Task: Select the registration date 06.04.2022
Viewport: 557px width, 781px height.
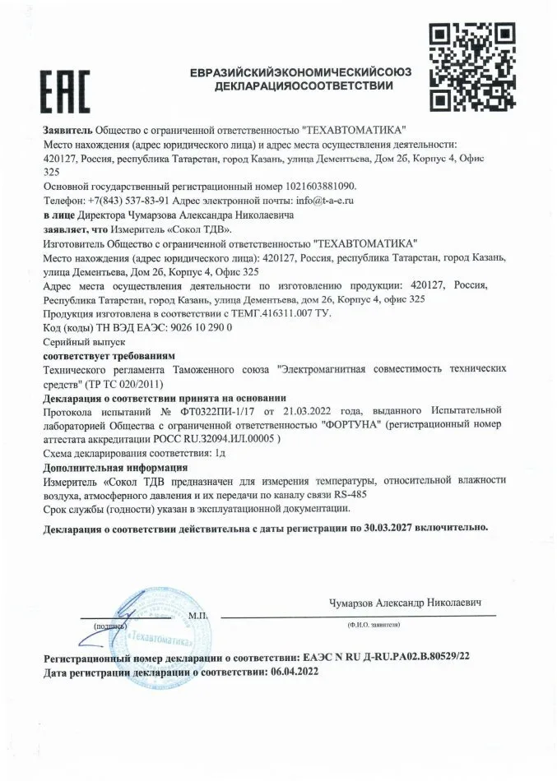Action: click(290, 672)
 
